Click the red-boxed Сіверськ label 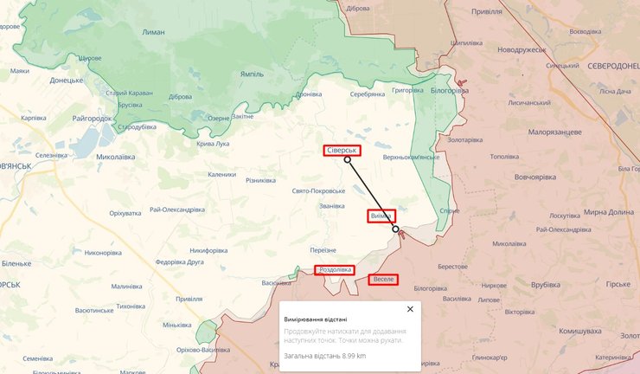(x=342, y=150)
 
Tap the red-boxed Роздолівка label (x=334, y=270)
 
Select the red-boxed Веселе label (x=383, y=279)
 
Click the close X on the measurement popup (x=410, y=309)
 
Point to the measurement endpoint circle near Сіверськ (x=348, y=160)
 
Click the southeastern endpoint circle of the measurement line (x=395, y=229)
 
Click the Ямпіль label (x=253, y=74)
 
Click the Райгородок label (x=93, y=117)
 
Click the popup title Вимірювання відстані (x=316, y=319)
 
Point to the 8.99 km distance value (x=350, y=356)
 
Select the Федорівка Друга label (x=179, y=261)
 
